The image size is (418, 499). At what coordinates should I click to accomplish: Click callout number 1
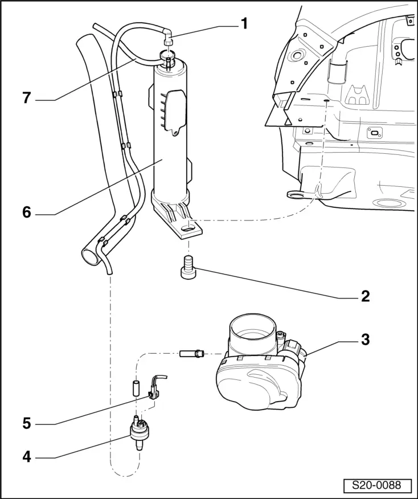[x=244, y=24]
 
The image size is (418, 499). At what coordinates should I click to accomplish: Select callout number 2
[x=365, y=296]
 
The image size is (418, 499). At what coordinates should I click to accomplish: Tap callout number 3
[x=365, y=340]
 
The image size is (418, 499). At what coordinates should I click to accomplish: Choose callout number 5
[x=26, y=424]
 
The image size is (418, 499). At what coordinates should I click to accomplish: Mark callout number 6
[x=26, y=212]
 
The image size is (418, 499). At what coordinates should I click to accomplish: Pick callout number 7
[x=26, y=98]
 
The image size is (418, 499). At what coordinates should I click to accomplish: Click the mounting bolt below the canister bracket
[x=188, y=267]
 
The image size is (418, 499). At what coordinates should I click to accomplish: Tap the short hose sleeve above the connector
[x=137, y=388]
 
